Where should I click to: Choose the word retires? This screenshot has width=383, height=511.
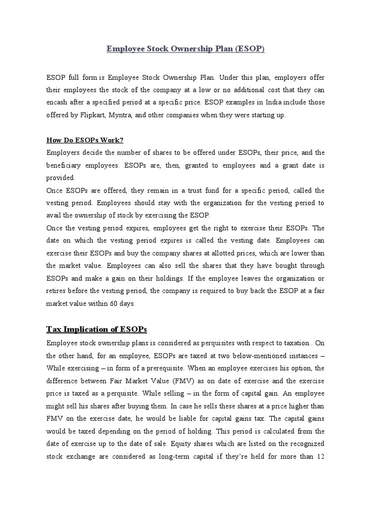[x=58, y=291]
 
